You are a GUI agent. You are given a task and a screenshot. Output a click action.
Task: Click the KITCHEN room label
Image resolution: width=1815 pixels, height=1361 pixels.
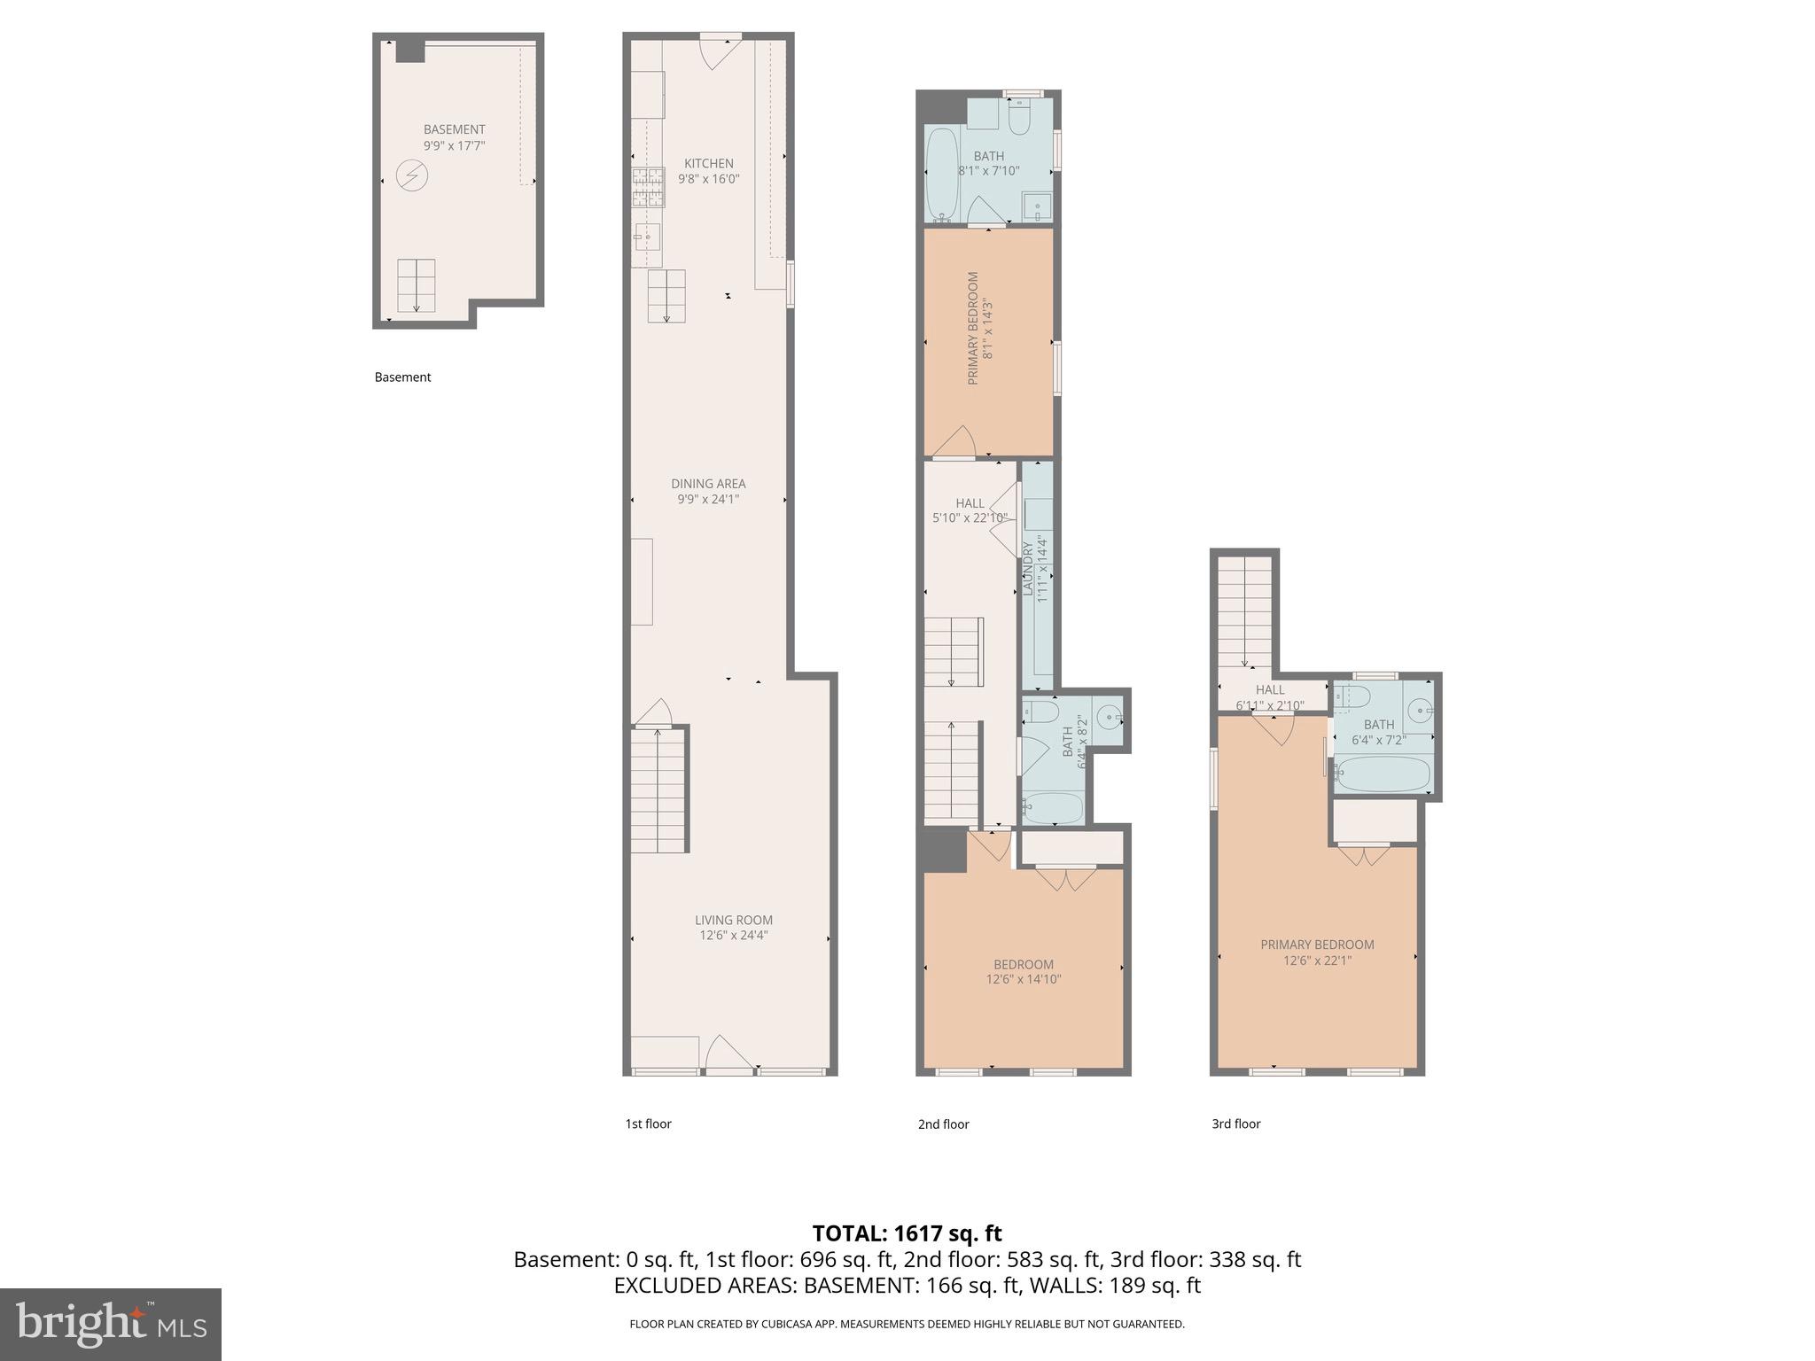click(708, 164)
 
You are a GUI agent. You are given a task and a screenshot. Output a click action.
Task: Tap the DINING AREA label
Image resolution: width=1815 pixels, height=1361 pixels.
click(707, 484)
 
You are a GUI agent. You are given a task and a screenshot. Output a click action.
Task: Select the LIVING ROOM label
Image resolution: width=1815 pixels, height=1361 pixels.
click(733, 920)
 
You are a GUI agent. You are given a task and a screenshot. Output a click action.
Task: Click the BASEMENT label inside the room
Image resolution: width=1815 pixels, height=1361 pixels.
click(454, 129)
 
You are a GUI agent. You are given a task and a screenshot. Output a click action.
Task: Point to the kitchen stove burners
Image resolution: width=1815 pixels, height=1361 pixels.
click(648, 187)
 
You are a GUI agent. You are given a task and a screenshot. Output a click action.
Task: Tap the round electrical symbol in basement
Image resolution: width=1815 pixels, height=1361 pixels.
click(411, 176)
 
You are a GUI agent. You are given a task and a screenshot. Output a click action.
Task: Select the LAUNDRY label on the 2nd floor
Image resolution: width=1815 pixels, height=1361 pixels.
click(1028, 568)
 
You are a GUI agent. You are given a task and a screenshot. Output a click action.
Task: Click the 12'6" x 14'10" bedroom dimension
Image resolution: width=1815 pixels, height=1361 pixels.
click(1023, 980)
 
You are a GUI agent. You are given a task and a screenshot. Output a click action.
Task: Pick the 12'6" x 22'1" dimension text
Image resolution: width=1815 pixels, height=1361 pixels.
click(1317, 960)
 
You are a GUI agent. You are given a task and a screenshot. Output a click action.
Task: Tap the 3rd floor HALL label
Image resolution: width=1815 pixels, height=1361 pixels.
click(1269, 690)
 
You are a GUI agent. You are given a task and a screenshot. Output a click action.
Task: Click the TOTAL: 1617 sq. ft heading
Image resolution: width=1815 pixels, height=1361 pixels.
click(907, 1233)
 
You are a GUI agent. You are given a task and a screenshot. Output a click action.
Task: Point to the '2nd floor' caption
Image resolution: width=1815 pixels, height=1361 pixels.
click(943, 1124)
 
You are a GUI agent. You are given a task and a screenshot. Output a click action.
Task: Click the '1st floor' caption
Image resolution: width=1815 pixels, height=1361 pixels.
click(648, 1124)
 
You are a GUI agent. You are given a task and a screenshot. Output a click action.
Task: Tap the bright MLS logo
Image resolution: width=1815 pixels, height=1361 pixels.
click(110, 1325)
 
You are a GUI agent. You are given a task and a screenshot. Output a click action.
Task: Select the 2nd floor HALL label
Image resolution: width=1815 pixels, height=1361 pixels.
click(970, 503)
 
